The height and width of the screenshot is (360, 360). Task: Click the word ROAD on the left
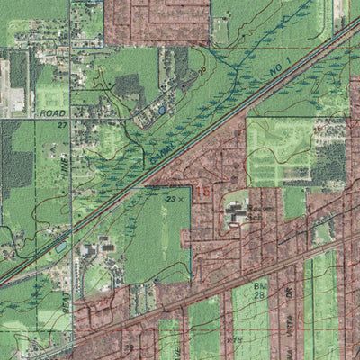tap(54, 113)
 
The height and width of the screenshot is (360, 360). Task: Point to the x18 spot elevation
tap(237, 339)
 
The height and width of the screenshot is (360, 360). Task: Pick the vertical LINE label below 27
tap(65, 162)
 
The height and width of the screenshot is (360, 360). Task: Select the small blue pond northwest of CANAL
tap(161, 109)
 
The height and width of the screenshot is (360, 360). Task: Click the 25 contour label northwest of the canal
tap(203, 67)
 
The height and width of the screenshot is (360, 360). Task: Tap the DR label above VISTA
tap(288, 291)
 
